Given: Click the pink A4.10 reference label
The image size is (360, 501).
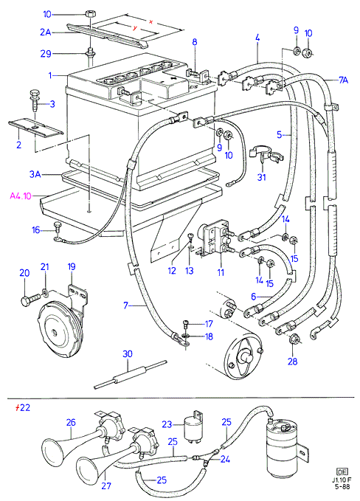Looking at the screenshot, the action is pos(21,196).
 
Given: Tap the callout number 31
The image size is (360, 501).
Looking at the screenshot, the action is pos(262,176).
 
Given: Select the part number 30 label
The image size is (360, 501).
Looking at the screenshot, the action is pos(128,354).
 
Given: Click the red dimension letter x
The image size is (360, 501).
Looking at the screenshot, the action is pos(151,21).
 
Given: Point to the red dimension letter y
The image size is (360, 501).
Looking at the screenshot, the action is pos(135,28).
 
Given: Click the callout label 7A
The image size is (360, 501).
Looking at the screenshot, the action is pos(343,80).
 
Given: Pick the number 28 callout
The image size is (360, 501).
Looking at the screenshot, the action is pos(292,362).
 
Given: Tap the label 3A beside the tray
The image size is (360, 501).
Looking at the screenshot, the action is pos(35,174).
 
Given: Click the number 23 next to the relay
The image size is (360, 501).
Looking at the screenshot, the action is pos(167,424).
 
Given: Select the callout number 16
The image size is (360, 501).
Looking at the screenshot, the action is pos(36,229).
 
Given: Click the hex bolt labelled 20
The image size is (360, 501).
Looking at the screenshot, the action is pos(30,300).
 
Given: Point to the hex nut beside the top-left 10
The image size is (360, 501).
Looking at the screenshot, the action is pos(90,14).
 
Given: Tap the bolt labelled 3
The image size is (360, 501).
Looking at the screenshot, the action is pos(34,100).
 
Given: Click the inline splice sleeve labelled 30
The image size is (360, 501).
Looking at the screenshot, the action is pos(131,375).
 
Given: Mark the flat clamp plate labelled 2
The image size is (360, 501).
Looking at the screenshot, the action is pos(35,128).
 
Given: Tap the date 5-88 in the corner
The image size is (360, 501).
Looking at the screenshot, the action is pos(342,487).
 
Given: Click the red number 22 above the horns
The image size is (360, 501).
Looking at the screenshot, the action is pos(23,408).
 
